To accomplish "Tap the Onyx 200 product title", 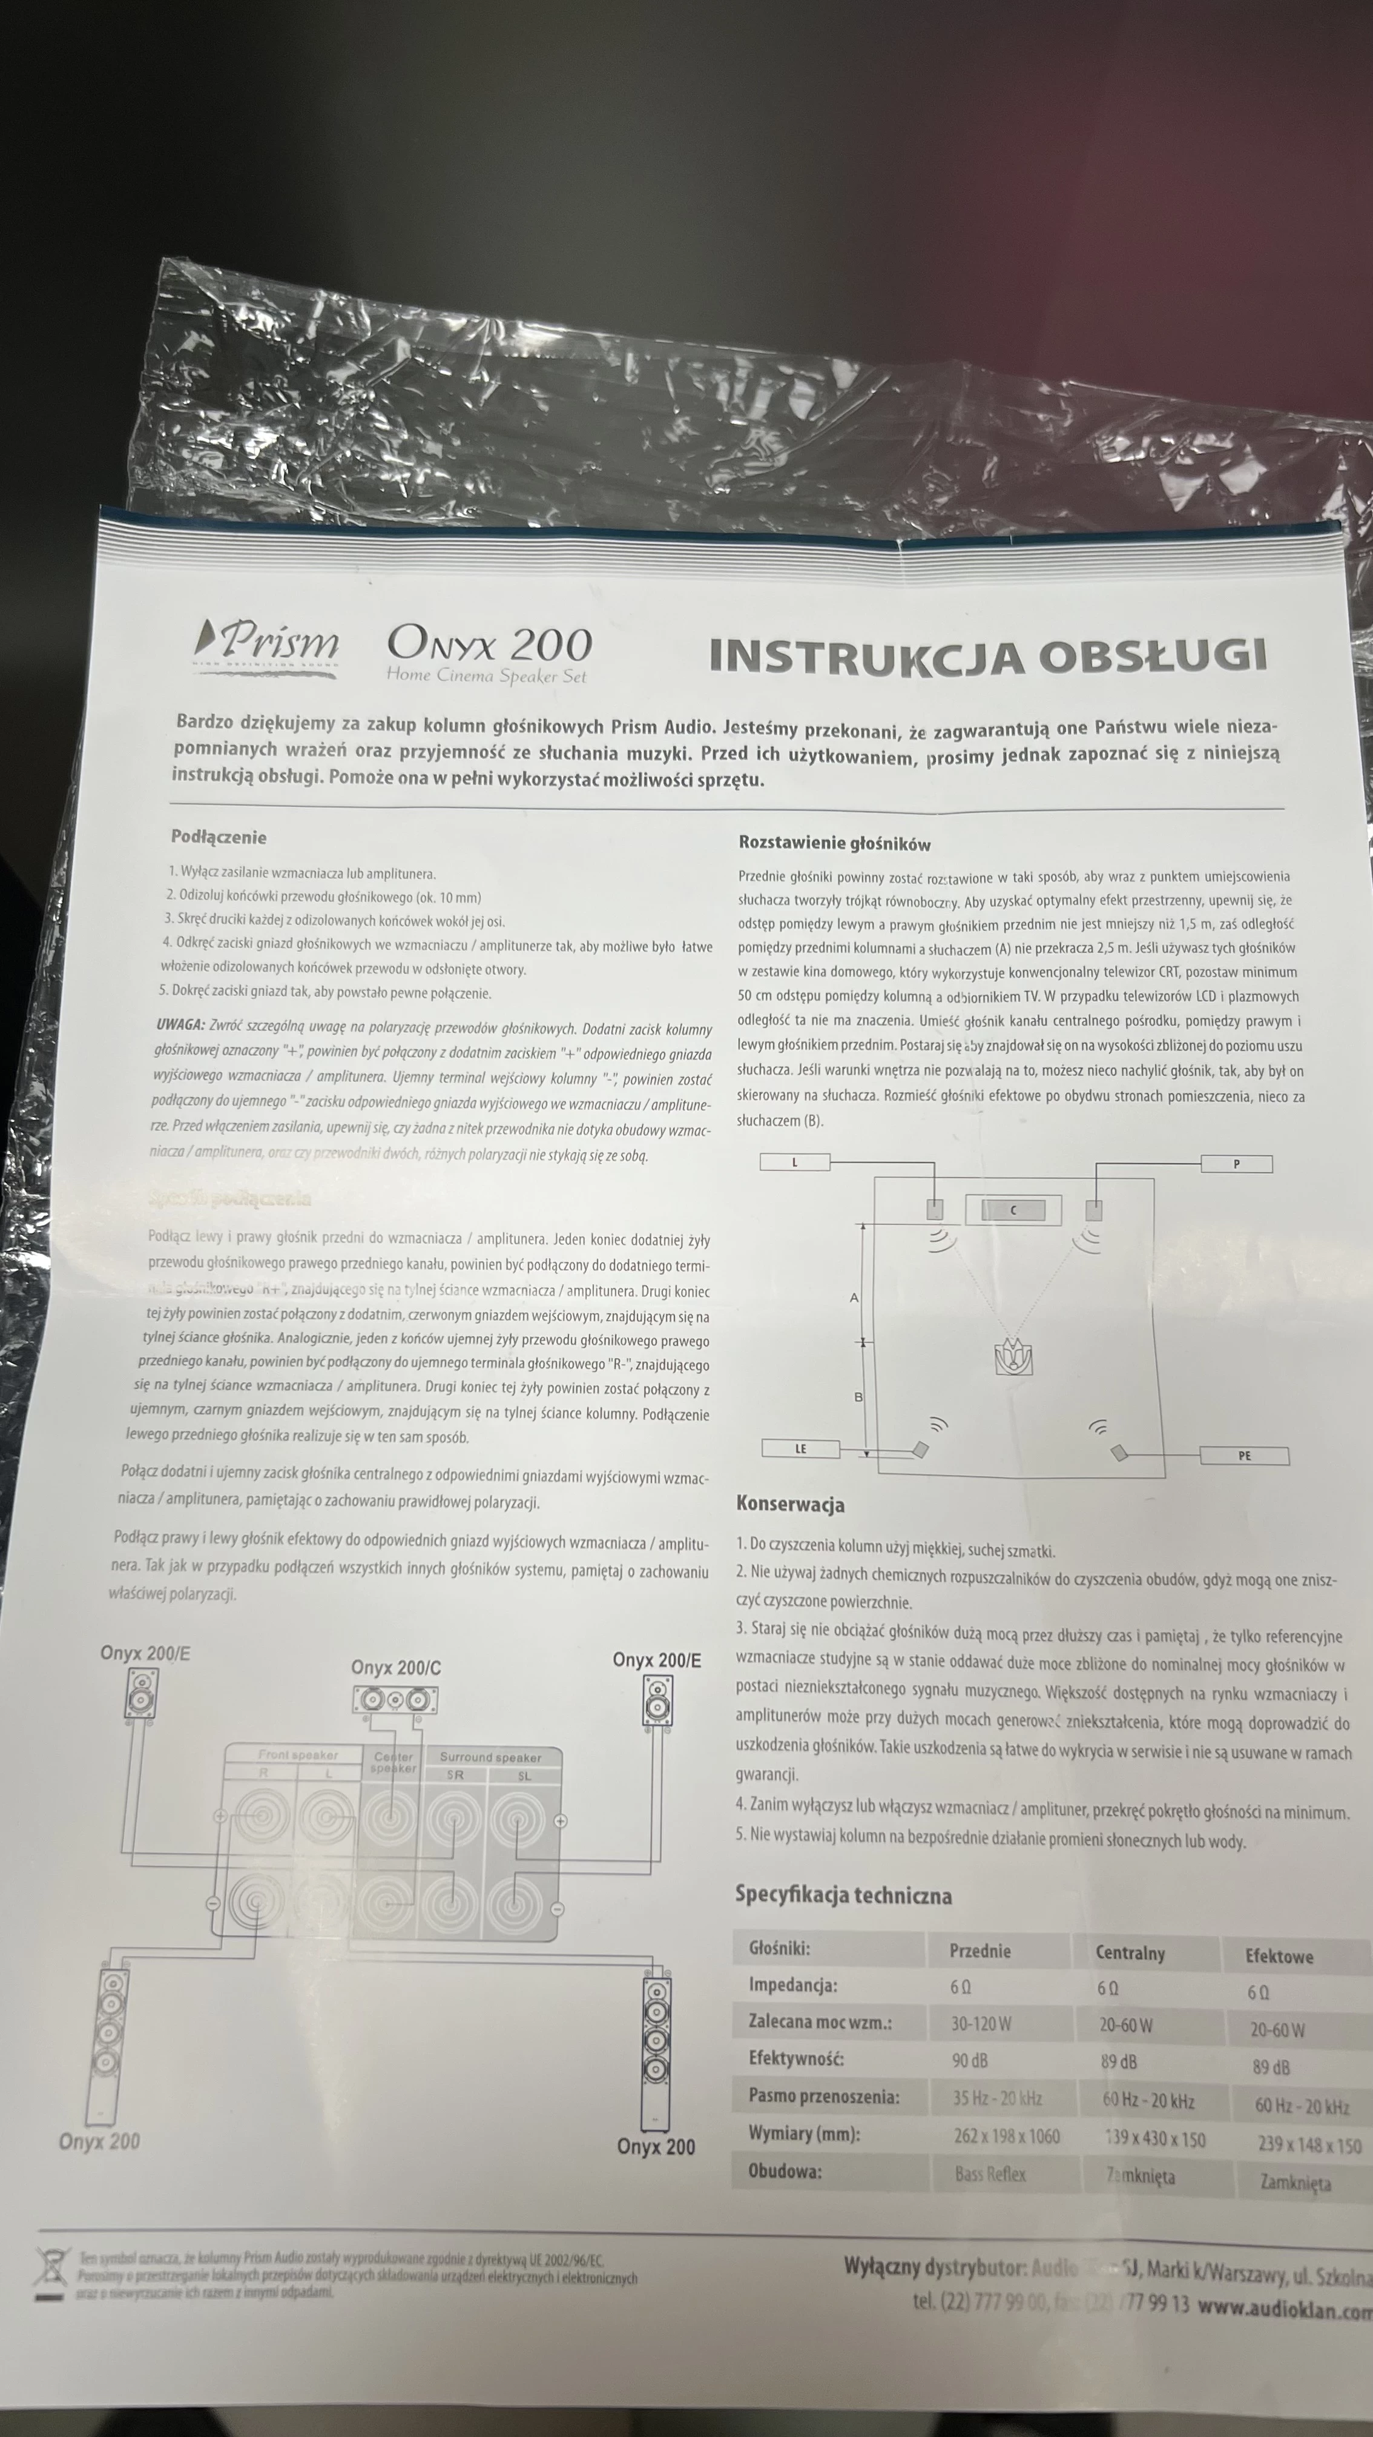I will click(x=489, y=645).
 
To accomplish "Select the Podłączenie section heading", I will click(x=219, y=837).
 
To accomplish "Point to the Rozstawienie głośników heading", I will click(x=834, y=844).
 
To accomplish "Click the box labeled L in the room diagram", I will click(x=794, y=1162).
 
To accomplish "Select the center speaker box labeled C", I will click(x=1013, y=1210).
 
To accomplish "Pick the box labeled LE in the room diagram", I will click(x=800, y=1448).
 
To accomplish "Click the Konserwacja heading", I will click(x=791, y=1504).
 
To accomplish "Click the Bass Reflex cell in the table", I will click(x=990, y=2174).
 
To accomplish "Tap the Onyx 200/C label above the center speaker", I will click(x=395, y=1667).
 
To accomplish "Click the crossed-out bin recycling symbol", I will click(x=50, y=2274).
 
